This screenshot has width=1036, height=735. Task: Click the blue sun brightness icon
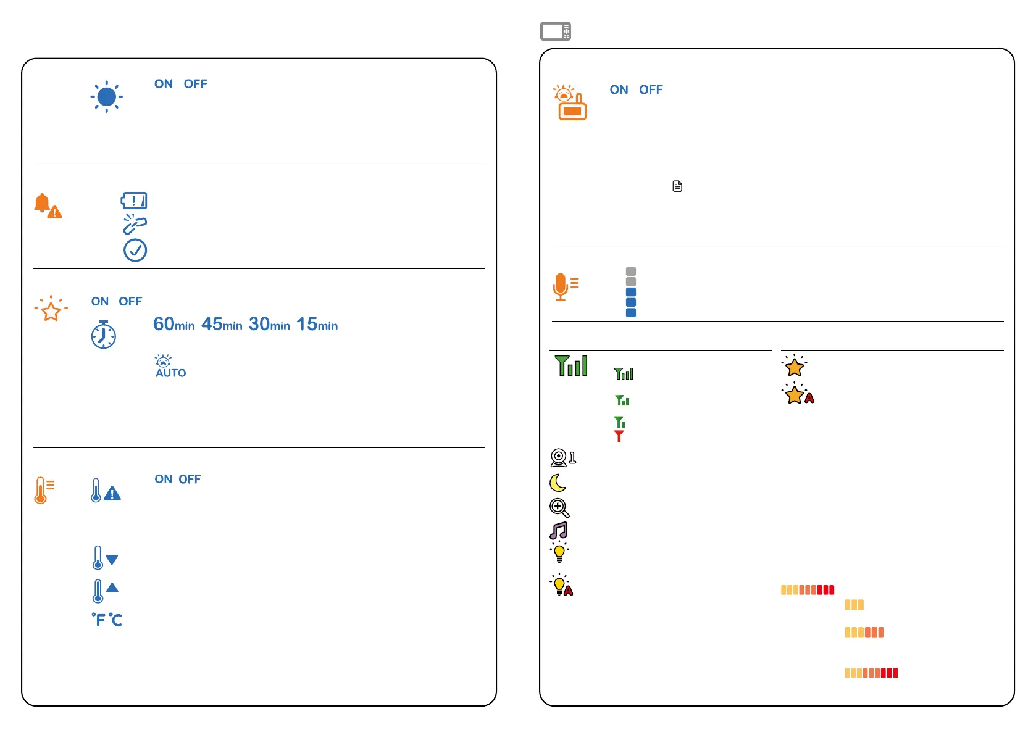click(106, 97)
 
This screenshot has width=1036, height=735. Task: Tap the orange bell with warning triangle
click(47, 206)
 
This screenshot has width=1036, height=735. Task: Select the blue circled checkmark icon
click(135, 250)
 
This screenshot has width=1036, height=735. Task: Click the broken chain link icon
click(135, 225)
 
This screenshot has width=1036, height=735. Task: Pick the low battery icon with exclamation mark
click(134, 201)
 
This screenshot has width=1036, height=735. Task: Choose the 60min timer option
click(173, 325)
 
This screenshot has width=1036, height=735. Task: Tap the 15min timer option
click(317, 325)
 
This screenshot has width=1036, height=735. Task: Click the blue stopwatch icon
click(104, 334)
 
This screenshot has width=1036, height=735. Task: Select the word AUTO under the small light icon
click(171, 373)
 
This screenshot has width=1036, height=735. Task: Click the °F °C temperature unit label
click(107, 620)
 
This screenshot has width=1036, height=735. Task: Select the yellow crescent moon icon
click(558, 483)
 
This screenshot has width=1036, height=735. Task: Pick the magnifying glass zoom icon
click(559, 508)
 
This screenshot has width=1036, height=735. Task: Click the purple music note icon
click(559, 531)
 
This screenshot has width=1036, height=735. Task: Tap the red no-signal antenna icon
click(619, 436)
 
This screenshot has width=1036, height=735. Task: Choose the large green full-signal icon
click(571, 366)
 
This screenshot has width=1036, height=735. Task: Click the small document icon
click(677, 186)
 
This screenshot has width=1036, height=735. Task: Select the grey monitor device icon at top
click(556, 31)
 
